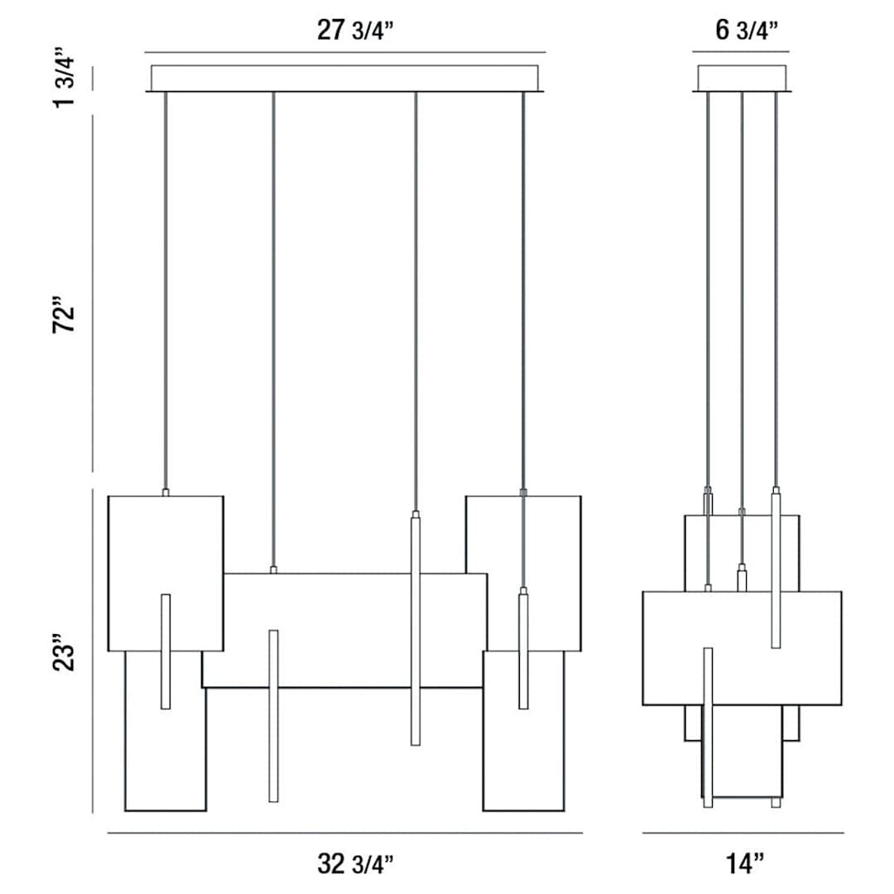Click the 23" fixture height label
65,654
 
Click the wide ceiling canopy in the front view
346,78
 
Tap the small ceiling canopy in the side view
743,78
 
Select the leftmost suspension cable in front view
166,290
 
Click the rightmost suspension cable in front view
523,290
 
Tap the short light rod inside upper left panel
166,651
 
